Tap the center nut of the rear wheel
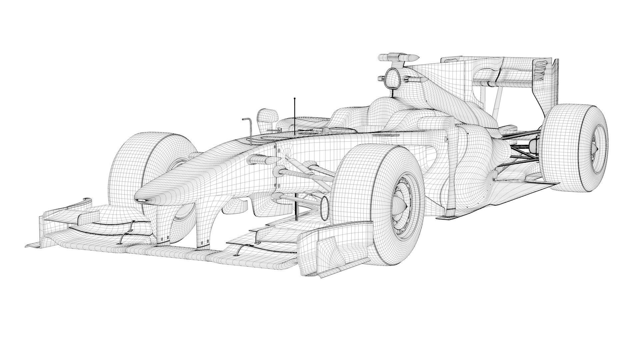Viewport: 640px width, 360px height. [596, 148]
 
